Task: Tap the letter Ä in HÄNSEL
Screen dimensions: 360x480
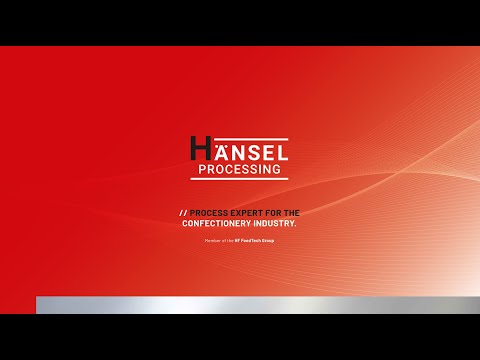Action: [x=218, y=152]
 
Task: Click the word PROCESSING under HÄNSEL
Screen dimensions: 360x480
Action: [x=240, y=170]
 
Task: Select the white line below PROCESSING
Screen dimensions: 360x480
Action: [x=240, y=180]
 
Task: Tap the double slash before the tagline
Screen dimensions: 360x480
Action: [x=183, y=213]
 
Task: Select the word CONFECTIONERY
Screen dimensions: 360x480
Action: [x=221, y=224]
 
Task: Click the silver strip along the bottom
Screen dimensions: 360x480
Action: [x=250, y=305]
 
